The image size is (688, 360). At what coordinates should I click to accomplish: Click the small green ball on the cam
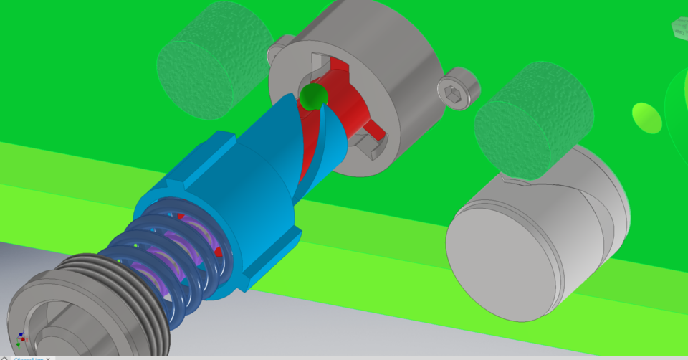point(312,97)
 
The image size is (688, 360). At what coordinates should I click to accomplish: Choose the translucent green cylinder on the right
point(534,118)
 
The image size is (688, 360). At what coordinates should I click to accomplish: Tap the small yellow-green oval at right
point(646,117)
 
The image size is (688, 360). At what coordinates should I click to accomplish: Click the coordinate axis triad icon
point(21,337)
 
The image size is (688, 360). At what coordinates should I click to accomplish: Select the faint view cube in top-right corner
point(679,29)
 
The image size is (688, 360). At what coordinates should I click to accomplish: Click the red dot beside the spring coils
point(217,253)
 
